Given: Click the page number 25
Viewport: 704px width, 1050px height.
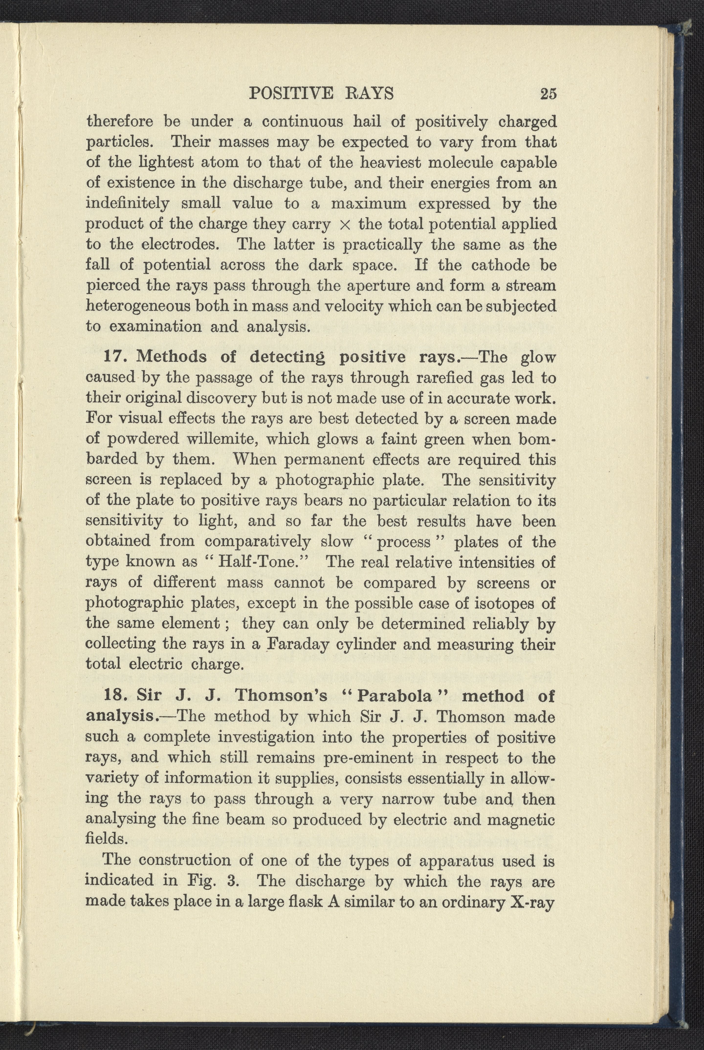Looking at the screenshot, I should point(548,94).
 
